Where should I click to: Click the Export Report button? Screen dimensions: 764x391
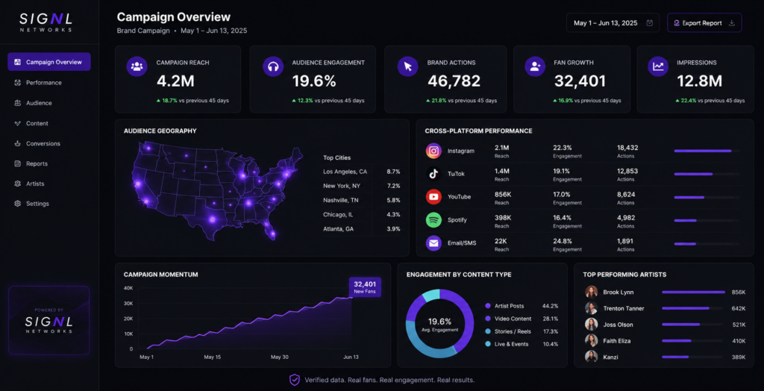pyautogui.click(x=704, y=23)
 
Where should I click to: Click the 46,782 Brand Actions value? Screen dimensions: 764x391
pyautogui.click(x=454, y=81)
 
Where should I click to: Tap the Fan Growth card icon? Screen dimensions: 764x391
pyautogui.click(x=535, y=66)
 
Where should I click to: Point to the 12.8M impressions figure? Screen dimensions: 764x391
pyautogui.click(x=698, y=81)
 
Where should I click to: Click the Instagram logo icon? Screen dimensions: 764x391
pyautogui.click(x=433, y=151)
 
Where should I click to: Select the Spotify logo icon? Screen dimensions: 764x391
pyautogui.click(x=433, y=220)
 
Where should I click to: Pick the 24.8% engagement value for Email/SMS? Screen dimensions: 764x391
pyautogui.click(x=563, y=241)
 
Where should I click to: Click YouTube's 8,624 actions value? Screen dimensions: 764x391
pyautogui.click(x=626, y=195)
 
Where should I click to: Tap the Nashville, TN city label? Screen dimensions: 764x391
pyautogui.click(x=339, y=200)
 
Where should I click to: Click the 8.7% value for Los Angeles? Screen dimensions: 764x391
pyautogui.click(x=393, y=172)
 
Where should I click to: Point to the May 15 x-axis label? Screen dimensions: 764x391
pyautogui.click(x=213, y=357)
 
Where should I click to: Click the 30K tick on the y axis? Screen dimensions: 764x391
pyautogui.click(x=128, y=303)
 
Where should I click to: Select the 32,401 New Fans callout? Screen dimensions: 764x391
pyautogui.click(x=365, y=287)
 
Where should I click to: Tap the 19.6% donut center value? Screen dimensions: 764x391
pyautogui.click(x=439, y=322)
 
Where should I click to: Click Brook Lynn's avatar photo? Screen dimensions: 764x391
pyautogui.click(x=592, y=292)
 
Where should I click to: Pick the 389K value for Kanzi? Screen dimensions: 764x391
pyautogui.click(x=739, y=357)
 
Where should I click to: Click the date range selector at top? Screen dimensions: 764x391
pyautogui.click(x=613, y=23)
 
